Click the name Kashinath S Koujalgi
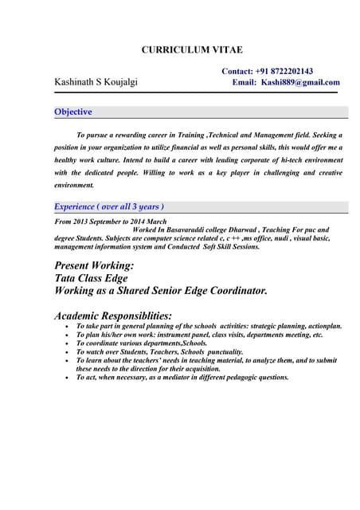pyautogui.click(x=96, y=82)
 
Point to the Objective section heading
pyautogui.click(x=72, y=112)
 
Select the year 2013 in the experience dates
pyautogui.click(x=80, y=221)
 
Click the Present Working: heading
pyautogui.click(x=94, y=265)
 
